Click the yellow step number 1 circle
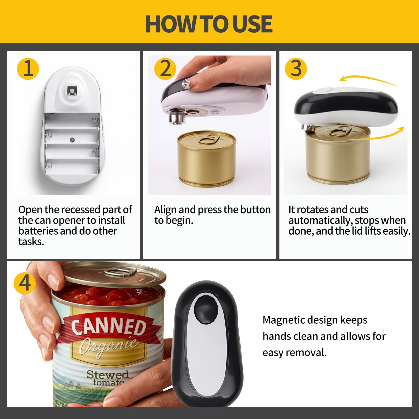pos(28,69)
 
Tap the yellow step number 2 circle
pos(165,69)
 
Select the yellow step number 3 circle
pos(296,69)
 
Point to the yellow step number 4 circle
pos(25,283)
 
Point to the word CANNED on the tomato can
pos(108,327)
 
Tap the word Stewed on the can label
pos(108,374)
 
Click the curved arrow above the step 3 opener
pos(369,78)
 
